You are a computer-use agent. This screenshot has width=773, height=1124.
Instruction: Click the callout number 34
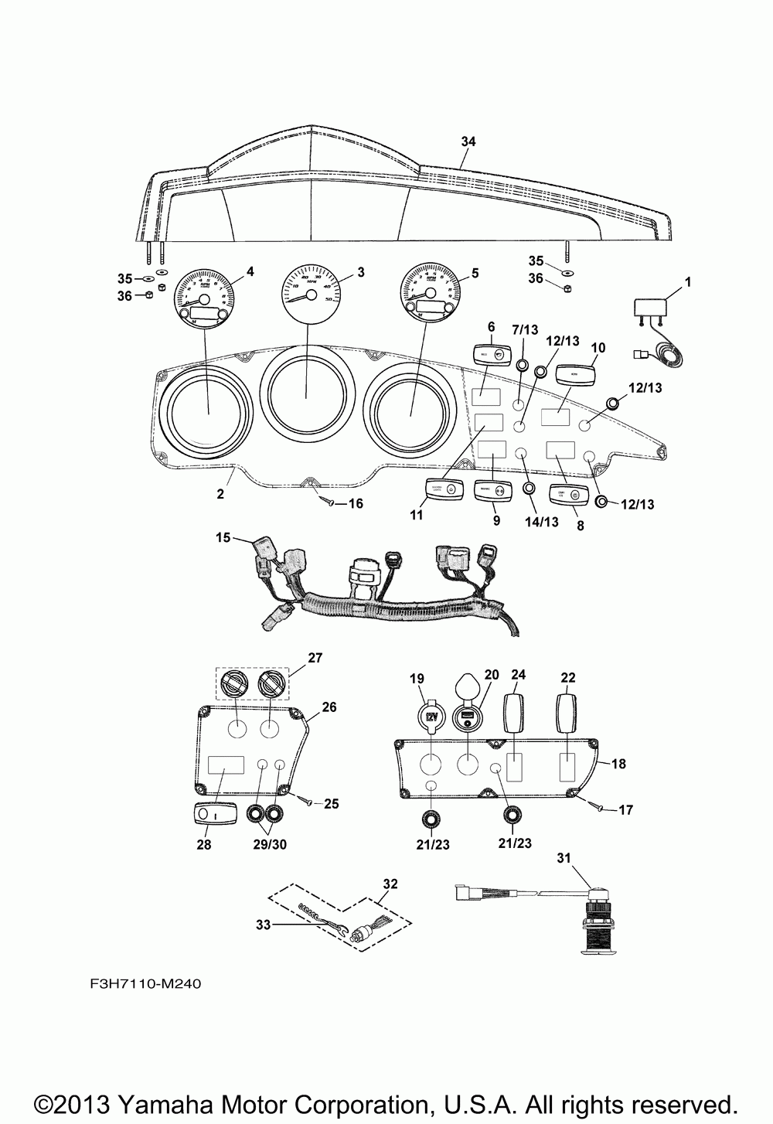pyautogui.click(x=468, y=141)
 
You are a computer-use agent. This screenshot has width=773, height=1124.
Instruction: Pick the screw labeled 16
pyautogui.click(x=329, y=502)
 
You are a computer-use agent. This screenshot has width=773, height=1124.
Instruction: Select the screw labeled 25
pyautogui.click(x=303, y=801)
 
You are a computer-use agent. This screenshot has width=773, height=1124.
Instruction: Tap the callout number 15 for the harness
pyautogui.click(x=223, y=536)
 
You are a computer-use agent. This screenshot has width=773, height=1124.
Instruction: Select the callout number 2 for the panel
pyautogui.click(x=220, y=493)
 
